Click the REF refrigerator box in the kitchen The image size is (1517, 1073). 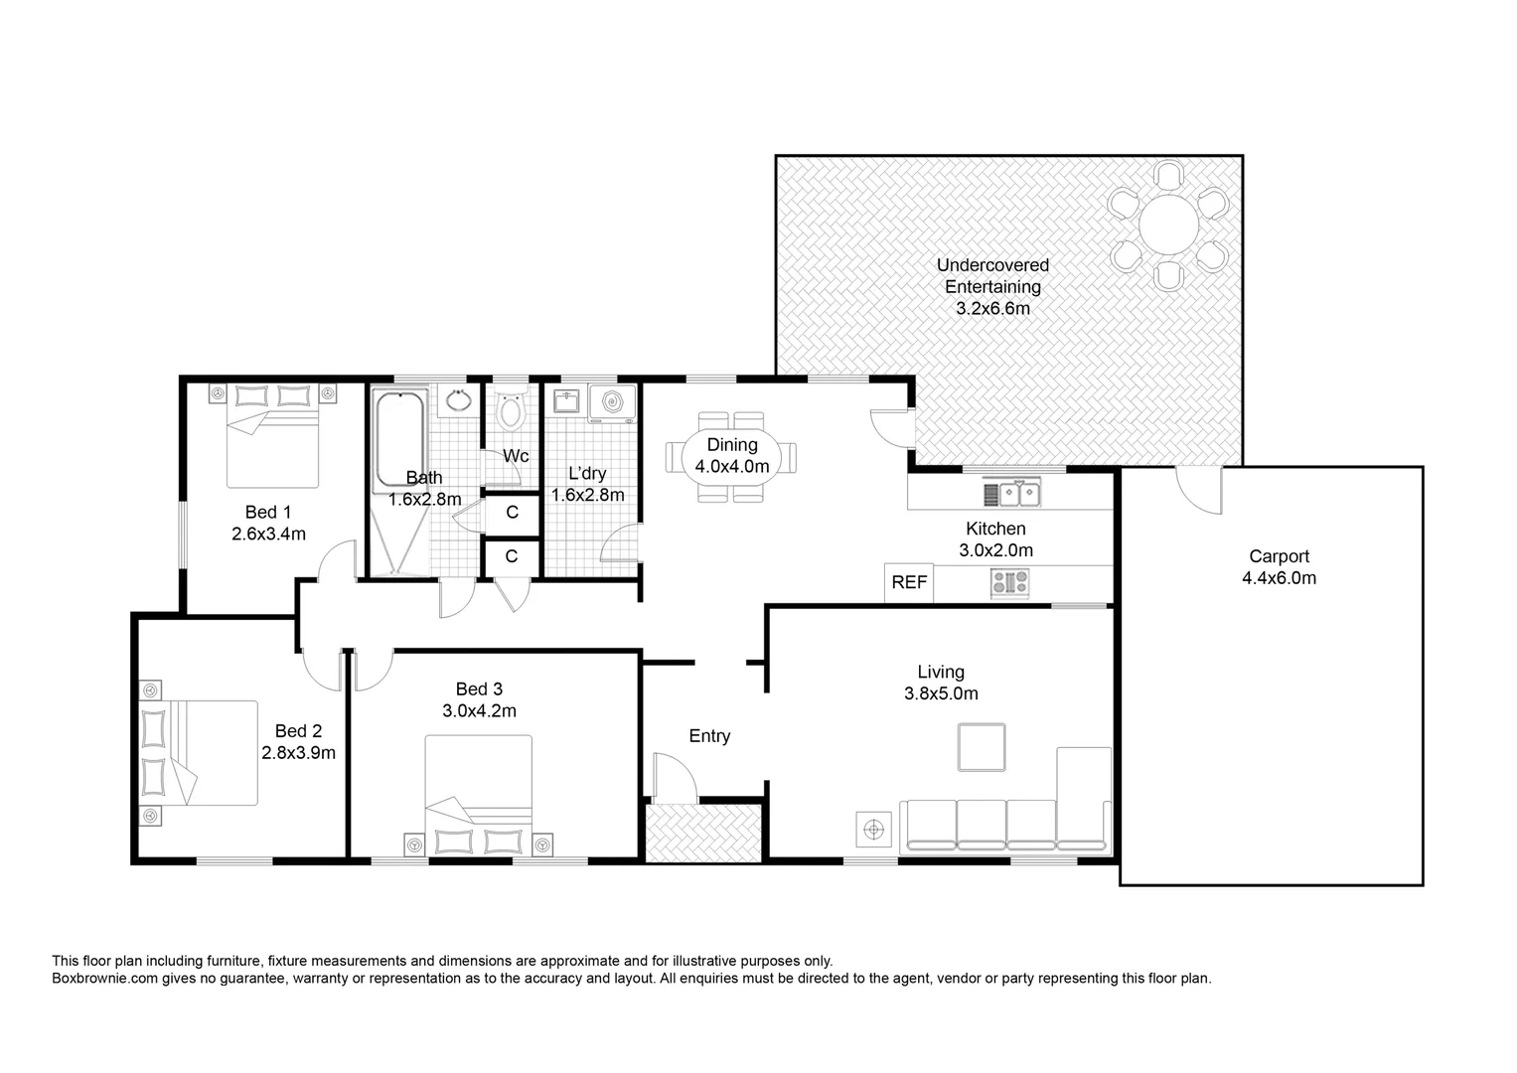point(909,583)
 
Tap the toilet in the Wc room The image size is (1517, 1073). point(512,410)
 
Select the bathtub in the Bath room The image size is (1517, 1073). point(399,441)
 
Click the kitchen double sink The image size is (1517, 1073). point(1011,493)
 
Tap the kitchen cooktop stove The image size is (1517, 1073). point(1010,583)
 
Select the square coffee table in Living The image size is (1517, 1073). point(981,747)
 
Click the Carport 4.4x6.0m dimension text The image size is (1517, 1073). point(1279,578)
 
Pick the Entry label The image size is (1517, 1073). point(709,736)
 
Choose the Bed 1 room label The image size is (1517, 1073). point(268,513)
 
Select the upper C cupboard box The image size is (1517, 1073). point(512,513)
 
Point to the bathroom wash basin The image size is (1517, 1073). point(458,401)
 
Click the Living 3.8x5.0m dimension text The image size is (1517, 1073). point(941,693)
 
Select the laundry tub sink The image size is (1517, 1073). point(566,402)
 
